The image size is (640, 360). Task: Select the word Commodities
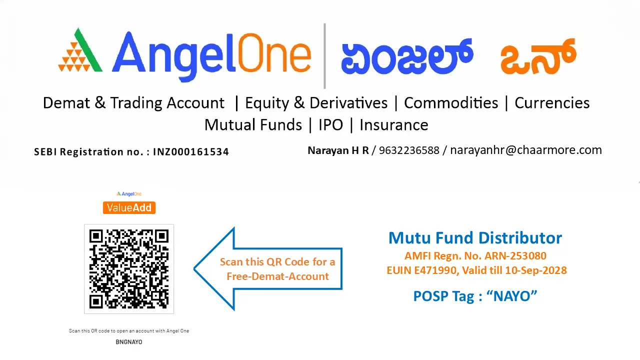point(451,103)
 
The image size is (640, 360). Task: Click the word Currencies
point(552,103)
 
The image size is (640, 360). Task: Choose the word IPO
point(331,125)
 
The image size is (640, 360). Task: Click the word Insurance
point(394,125)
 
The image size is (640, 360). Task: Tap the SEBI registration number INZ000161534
point(191,152)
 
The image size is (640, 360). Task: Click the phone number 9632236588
point(409,150)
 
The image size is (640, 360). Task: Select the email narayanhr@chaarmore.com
point(526,150)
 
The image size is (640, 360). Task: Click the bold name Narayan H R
point(338,150)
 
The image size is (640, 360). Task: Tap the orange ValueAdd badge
point(129,208)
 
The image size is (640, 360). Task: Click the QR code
point(129,269)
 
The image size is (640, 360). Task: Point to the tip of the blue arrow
point(195,269)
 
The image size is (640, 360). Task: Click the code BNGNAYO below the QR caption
point(129,342)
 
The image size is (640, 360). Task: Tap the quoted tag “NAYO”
point(515,296)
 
